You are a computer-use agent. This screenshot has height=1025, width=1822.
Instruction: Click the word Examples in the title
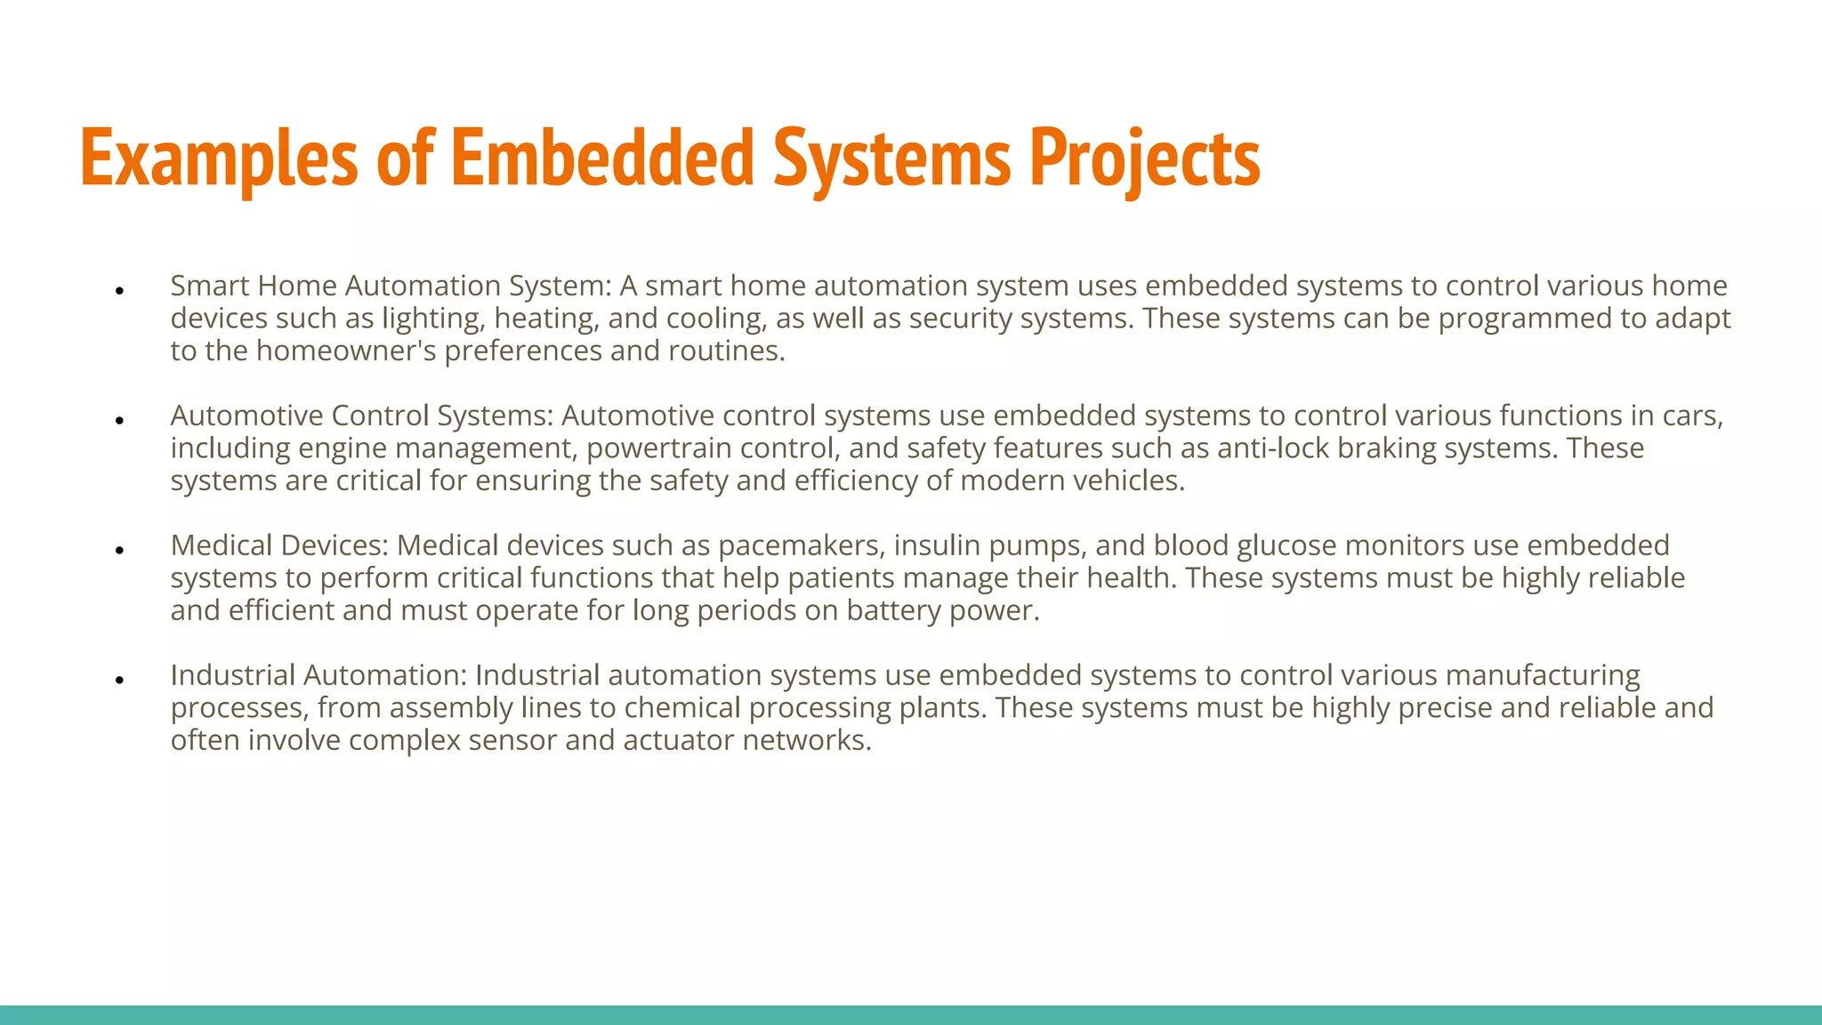(219, 158)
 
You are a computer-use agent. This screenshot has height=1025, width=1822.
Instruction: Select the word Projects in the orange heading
(1144, 158)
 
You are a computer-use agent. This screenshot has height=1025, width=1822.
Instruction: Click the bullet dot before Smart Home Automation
(119, 290)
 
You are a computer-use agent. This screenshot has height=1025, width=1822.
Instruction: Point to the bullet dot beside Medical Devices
(119, 550)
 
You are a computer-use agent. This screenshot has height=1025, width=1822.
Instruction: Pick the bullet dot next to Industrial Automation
(119, 680)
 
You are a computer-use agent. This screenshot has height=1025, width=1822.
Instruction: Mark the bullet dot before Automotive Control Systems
(119, 420)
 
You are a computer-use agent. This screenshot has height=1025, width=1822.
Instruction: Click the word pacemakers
(801, 545)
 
